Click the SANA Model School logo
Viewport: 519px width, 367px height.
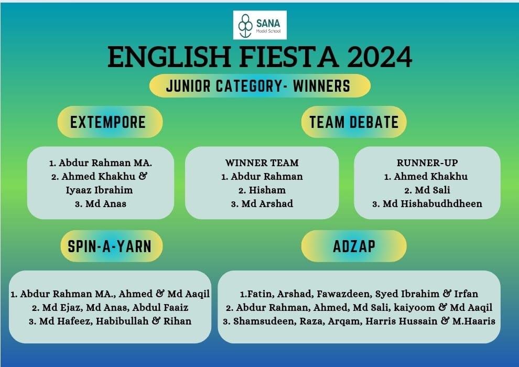pyautogui.click(x=260, y=25)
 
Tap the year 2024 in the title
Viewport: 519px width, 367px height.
pyautogui.click(x=380, y=57)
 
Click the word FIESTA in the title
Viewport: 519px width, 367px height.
pyautogui.click(x=289, y=57)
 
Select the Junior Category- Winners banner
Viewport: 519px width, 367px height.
pyautogui.click(x=260, y=86)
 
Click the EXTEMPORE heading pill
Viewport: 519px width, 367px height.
pyautogui.click(x=110, y=122)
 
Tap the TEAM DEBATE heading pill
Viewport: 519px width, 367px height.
pyautogui.click(x=354, y=122)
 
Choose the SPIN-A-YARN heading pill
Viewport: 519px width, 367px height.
pyautogui.click(x=112, y=246)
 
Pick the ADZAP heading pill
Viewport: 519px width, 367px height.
pyautogui.click(x=354, y=246)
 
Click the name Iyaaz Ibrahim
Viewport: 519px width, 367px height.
pyautogui.click(x=99, y=190)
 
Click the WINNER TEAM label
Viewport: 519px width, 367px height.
pyautogui.click(x=262, y=163)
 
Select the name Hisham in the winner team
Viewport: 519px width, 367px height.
pyautogui.click(x=267, y=190)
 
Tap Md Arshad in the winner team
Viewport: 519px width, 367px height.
pyautogui.click(x=267, y=204)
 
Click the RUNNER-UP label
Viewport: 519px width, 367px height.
pyautogui.click(x=427, y=163)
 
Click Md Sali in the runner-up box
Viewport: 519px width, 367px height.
pyautogui.click(x=433, y=190)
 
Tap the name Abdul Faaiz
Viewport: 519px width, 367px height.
pyautogui.click(x=160, y=308)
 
